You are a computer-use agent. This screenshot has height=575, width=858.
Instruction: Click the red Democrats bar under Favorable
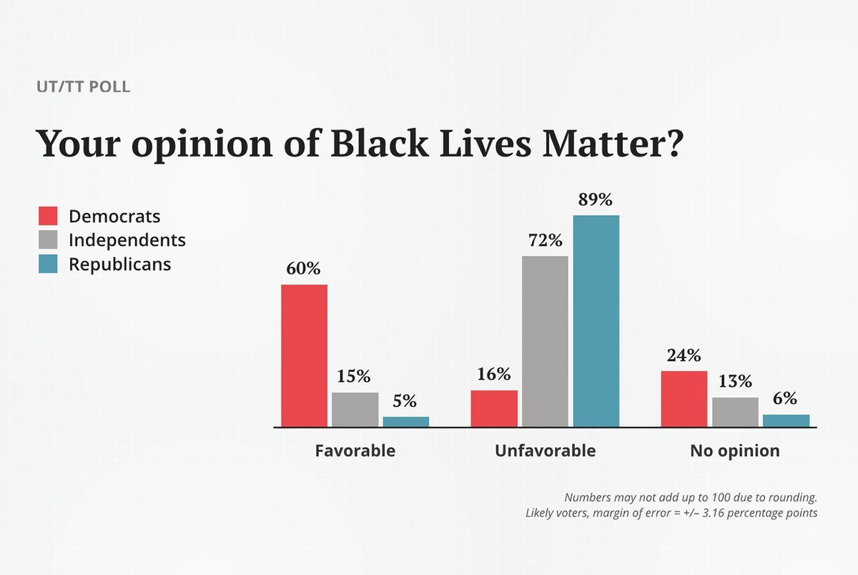pyautogui.click(x=304, y=355)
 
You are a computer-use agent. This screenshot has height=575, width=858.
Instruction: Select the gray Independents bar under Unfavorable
pyautogui.click(x=545, y=341)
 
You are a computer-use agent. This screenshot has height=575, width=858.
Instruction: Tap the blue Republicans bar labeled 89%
pyautogui.click(x=596, y=321)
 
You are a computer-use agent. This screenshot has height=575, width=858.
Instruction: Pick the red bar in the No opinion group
pyautogui.click(x=684, y=399)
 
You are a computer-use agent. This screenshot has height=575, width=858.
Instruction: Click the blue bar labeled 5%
pyautogui.click(x=405, y=421)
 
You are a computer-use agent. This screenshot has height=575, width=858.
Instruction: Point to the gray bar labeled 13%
pyautogui.click(x=735, y=412)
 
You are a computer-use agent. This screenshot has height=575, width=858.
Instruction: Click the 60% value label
pyautogui.click(x=304, y=269)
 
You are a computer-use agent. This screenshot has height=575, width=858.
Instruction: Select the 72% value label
pyautogui.click(x=545, y=240)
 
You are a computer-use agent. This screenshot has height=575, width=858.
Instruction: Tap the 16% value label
pyautogui.click(x=493, y=374)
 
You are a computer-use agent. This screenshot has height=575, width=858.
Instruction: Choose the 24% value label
pyautogui.click(x=684, y=355)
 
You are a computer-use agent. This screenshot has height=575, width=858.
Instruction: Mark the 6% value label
pyautogui.click(x=785, y=398)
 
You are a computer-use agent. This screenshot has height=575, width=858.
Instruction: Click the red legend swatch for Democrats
pyautogui.click(x=48, y=216)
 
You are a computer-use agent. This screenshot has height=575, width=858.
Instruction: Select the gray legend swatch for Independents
pyautogui.click(x=48, y=240)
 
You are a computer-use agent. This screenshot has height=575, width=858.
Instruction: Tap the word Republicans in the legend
pyautogui.click(x=119, y=264)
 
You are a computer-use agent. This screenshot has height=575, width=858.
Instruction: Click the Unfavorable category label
pyautogui.click(x=545, y=451)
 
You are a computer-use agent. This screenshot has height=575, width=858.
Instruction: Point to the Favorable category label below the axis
pyautogui.click(x=355, y=451)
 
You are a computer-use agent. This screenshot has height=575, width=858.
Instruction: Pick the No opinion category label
pyautogui.click(x=734, y=451)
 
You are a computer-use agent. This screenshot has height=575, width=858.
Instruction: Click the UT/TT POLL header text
pyautogui.click(x=83, y=88)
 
